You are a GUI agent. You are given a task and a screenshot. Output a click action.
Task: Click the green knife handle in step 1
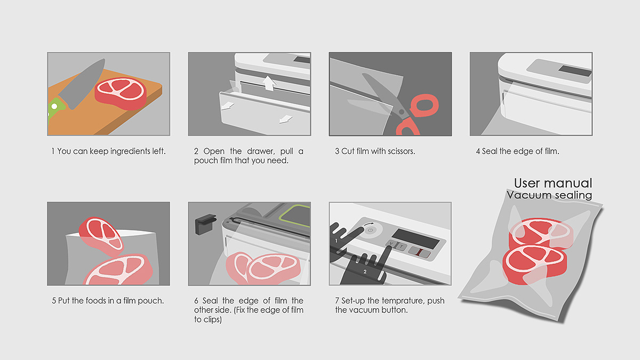tap(56, 108)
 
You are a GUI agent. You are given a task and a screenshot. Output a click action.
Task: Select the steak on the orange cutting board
tap(121, 93)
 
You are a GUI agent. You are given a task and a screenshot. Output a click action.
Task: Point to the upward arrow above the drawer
tap(269, 83)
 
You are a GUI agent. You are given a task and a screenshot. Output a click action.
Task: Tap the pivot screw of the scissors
tap(402, 111)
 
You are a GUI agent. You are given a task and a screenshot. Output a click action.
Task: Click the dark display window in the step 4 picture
tap(575, 71)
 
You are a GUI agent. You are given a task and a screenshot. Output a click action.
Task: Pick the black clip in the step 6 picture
tap(205, 224)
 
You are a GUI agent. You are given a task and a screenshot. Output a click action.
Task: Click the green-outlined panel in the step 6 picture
tap(295, 215)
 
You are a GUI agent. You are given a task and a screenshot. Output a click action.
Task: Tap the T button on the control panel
tap(401, 246)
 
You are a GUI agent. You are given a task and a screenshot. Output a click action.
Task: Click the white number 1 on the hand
tap(337, 241)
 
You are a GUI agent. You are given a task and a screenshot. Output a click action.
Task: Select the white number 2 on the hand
tap(365, 271)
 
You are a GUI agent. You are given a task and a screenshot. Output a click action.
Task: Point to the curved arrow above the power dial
tap(369, 224)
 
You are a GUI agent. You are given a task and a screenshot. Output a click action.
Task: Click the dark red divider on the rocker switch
tap(420, 252)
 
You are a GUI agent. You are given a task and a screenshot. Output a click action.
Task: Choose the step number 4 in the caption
tap(478, 151)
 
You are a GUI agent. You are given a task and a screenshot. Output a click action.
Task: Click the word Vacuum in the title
tap(527, 195)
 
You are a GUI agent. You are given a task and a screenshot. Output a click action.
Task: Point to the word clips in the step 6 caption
tap(212, 319)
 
